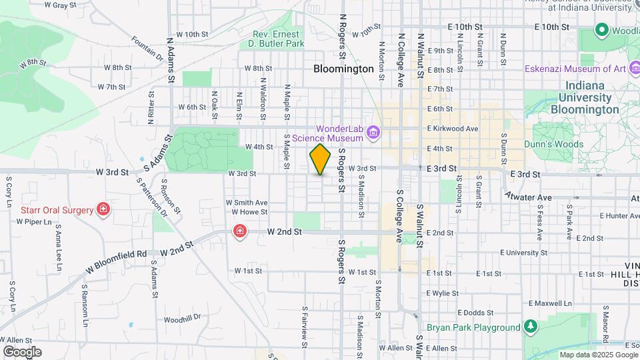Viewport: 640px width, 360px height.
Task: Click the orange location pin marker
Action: pyautogui.click(x=321, y=159)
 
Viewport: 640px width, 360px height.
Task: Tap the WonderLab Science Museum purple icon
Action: pyautogui.click(x=373, y=133)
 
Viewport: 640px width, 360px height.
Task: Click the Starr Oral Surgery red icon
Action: pyautogui.click(x=103, y=210)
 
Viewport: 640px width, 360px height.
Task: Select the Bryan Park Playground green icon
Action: pyautogui.click(x=530, y=327)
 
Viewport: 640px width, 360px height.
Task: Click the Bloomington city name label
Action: pyautogui.click(x=343, y=69)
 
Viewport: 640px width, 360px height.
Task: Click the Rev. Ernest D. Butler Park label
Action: pyautogui.click(x=279, y=39)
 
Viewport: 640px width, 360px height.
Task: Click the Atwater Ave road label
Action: pyautogui.click(x=528, y=197)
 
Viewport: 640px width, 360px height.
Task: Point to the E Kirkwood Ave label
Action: pyautogui.click(x=453, y=129)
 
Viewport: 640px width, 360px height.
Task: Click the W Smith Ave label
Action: pyautogui.click(x=246, y=203)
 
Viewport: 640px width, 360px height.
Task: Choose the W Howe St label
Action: pyautogui.click(x=249, y=212)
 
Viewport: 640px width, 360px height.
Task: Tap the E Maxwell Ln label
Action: pyautogui.click(x=551, y=303)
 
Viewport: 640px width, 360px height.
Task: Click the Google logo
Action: pyautogui.click(x=22, y=352)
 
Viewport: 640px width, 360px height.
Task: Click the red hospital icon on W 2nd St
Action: pyautogui.click(x=239, y=231)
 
